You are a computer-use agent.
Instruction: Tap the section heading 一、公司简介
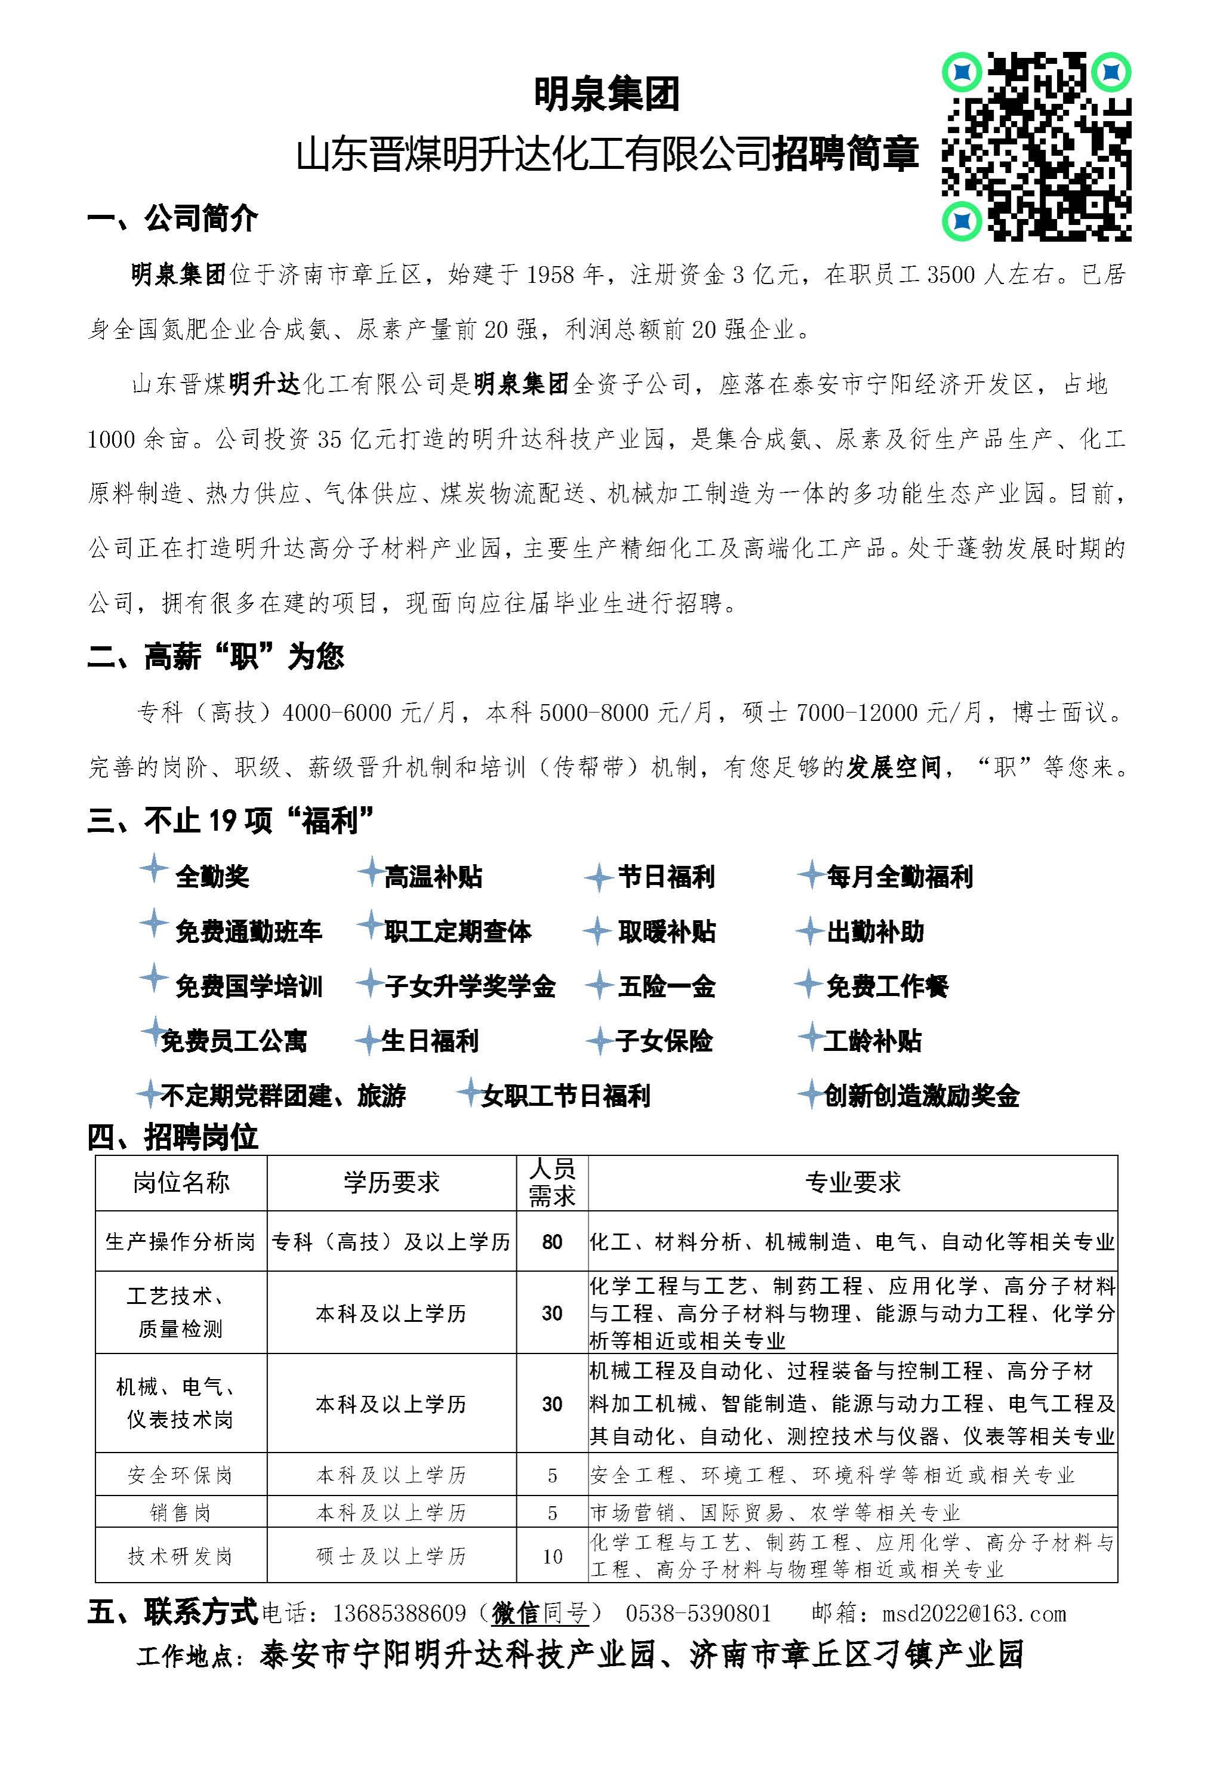(172, 219)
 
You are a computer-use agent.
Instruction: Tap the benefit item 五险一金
(666, 986)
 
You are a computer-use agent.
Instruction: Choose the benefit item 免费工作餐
(887, 986)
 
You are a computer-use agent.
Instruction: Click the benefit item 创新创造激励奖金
(921, 1096)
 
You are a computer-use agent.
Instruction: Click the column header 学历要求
(392, 1183)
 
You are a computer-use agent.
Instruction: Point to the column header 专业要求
(852, 1183)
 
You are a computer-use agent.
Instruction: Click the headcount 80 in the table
(551, 1242)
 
